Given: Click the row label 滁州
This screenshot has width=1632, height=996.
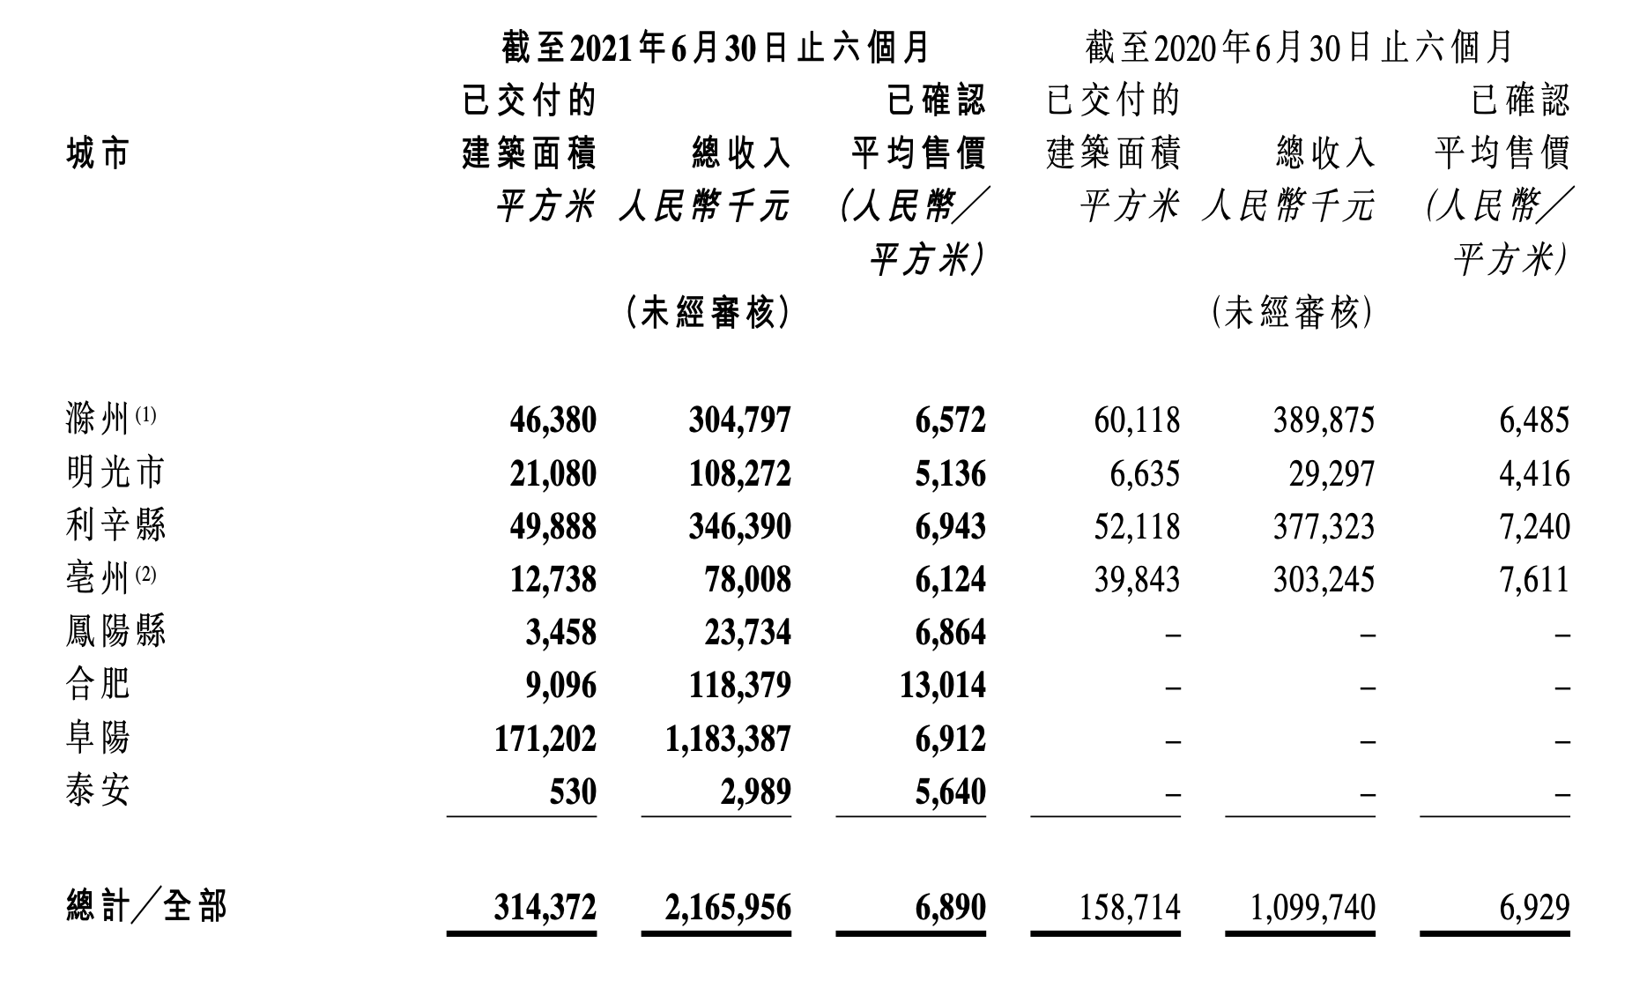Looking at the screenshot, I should tap(98, 420).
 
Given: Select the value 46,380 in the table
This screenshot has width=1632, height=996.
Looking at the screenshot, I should tap(553, 420).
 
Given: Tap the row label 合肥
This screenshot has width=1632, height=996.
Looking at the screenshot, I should tap(98, 684).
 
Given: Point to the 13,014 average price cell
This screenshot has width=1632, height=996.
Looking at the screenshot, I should tap(942, 685).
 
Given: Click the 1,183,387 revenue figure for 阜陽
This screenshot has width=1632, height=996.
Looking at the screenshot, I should tap(728, 738).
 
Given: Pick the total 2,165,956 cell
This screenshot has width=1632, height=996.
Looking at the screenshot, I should tap(728, 907).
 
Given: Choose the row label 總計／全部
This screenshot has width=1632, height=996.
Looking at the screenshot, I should tap(147, 906).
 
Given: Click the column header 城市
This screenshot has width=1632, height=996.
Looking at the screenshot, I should tap(98, 154).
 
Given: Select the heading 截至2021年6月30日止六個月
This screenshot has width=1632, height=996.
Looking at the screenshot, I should tap(716, 48).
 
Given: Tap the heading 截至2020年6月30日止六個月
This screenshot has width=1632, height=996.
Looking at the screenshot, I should tap(1299, 48).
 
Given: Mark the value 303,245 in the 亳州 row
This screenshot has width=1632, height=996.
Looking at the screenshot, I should tap(1324, 579).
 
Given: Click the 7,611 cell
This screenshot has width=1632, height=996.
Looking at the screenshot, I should tap(1534, 579).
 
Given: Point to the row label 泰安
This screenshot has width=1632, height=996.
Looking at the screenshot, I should tap(98, 790).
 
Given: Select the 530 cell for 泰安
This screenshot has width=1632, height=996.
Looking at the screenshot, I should tap(573, 791).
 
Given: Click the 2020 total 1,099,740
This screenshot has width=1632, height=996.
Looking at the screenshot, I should tap(1313, 907).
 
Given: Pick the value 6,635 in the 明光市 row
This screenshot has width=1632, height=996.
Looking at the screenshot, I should tap(1144, 473).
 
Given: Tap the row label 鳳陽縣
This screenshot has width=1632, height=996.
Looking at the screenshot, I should tap(115, 631).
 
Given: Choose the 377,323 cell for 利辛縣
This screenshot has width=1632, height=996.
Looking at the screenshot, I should tap(1324, 526).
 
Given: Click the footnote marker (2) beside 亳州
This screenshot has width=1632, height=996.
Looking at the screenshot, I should tap(145, 574).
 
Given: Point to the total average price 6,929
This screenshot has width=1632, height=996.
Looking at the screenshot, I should tap(1534, 907).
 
